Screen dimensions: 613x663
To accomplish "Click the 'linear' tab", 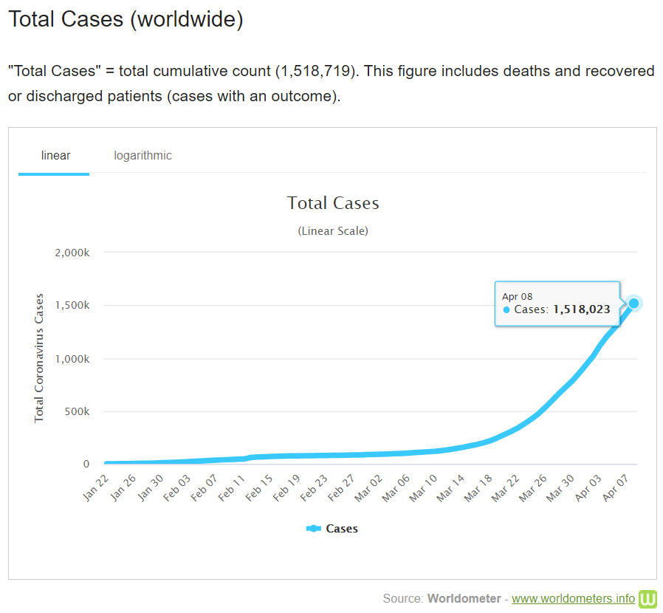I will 55,155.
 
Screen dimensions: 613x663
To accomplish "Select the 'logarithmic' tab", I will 142,155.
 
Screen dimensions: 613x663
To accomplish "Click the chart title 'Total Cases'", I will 333,203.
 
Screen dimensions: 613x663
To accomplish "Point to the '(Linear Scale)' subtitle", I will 333,230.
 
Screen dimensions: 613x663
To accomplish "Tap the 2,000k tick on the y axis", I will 72,253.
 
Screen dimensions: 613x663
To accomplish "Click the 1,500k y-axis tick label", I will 72,306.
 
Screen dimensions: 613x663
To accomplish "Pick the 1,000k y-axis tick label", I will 72,359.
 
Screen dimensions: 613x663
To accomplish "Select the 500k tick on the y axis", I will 77,411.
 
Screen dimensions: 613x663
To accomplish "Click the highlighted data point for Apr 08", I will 633,303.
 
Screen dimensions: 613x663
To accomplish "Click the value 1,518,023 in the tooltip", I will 582,309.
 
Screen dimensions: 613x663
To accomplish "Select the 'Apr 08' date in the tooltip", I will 517,296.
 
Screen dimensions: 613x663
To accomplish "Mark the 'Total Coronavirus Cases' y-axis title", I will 39,358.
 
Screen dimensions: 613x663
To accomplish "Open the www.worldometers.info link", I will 573,597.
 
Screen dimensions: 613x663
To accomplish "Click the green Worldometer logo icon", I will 648,597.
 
